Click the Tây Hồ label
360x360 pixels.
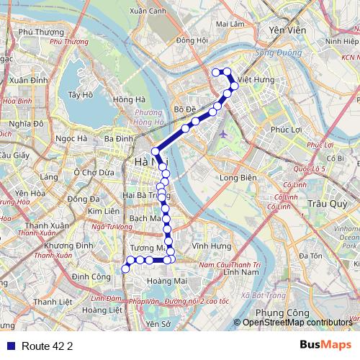coord(80,94)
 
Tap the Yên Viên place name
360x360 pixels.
coord(283,31)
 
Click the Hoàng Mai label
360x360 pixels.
coord(166,281)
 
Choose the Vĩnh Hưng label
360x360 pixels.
coord(207,246)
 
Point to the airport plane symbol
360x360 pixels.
coord(223,134)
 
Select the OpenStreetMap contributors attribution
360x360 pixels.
coord(297,323)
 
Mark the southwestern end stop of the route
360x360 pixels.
coord(125,269)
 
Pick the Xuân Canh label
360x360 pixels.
coord(147,11)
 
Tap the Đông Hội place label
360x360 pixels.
coord(192,40)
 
